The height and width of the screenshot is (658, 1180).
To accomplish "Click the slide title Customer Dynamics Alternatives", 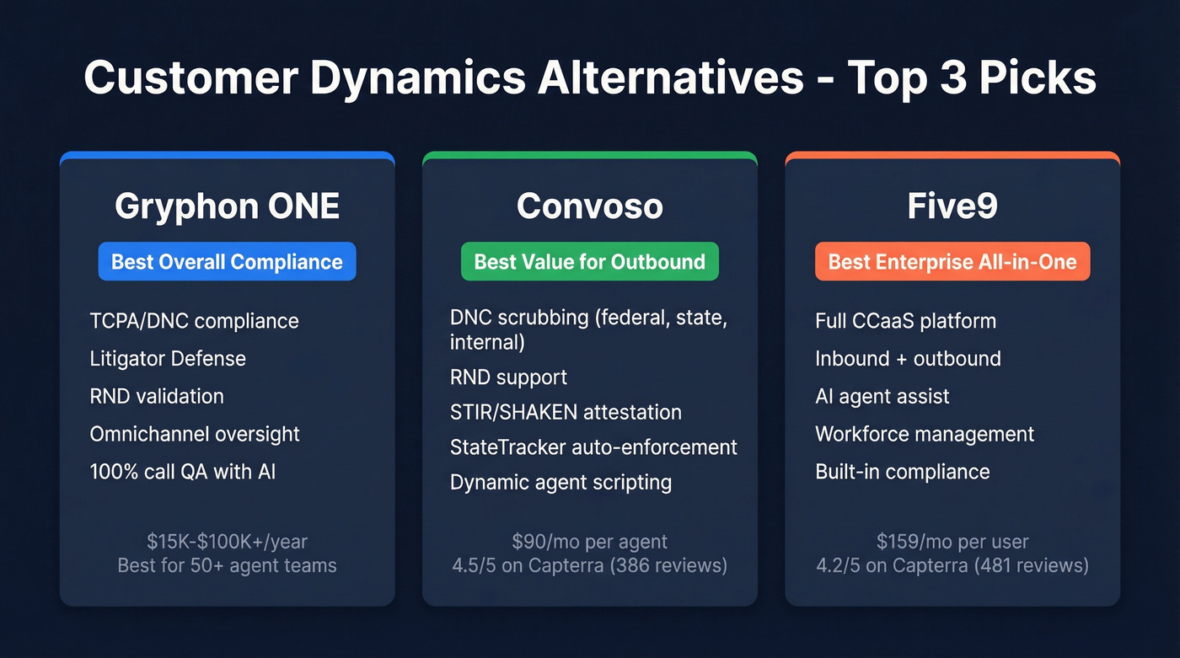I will [589, 78].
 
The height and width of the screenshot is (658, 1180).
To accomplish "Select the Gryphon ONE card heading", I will [227, 206].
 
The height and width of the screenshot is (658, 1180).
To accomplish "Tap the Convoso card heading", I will [589, 206].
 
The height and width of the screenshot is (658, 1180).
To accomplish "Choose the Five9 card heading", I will [952, 206].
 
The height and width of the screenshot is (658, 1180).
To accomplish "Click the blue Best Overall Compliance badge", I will [227, 262].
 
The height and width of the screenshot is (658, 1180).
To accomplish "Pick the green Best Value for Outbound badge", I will [589, 262].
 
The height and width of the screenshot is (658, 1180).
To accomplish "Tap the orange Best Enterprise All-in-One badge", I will [952, 262].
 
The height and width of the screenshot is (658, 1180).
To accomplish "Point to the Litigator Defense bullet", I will [168, 359].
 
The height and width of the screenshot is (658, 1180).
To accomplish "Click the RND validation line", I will [157, 396].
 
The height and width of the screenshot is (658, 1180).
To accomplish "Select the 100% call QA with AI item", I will [183, 472].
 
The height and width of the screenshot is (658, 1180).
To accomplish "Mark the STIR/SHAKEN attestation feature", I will [566, 412].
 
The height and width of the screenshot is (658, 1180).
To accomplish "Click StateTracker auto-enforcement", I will [593, 447].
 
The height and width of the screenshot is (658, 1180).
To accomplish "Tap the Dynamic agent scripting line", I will [560, 483].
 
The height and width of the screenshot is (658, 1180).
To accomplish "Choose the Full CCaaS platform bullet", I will [905, 321].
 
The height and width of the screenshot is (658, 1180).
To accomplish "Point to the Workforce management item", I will [925, 434].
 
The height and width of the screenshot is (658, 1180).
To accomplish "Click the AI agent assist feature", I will [882, 396].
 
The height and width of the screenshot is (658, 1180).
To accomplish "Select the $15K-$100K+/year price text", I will [227, 541].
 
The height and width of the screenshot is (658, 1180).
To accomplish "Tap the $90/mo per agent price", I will [589, 541].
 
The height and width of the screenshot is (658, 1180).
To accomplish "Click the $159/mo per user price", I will [952, 541].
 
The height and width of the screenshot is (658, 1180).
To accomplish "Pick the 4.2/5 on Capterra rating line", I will [952, 564].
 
